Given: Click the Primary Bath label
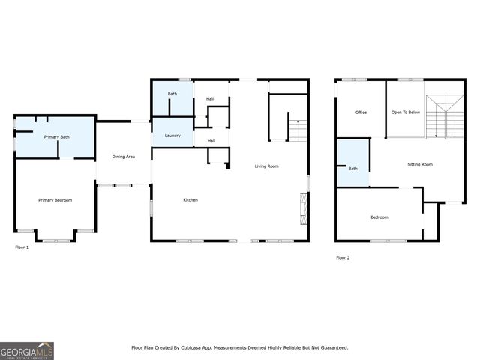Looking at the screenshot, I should (x=56, y=137).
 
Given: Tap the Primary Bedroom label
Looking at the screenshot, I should (x=55, y=200).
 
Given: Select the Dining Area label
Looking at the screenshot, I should (x=123, y=157).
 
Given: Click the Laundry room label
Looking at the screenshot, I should (x=172, y=136).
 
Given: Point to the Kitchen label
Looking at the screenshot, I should (x=190, y=200).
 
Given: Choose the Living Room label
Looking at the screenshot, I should (x=266, y=166).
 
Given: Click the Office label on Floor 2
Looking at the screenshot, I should (x=361, y=112).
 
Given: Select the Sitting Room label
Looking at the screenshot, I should (x=420, y=164).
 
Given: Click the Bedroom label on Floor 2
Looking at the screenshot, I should (x=379, y=217).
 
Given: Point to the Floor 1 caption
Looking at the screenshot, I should (x=22, y=247).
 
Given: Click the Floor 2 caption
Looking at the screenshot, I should (x=343, y=257).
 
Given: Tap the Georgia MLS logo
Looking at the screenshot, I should (x=26, y=350).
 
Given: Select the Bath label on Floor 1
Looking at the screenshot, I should (x=172, y=94).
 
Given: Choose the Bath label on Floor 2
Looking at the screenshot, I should (x=352, y=169).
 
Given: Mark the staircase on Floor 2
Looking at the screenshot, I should (x=445, y=116).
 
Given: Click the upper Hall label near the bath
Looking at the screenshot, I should (x=210, y=98).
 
